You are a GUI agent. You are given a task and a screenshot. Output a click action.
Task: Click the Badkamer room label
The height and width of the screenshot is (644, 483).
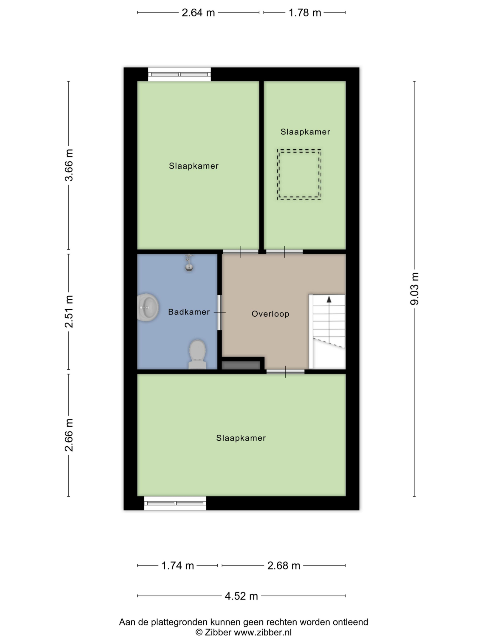point(189,312)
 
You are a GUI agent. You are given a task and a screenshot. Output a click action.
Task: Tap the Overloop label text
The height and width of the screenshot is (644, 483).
point(270,314)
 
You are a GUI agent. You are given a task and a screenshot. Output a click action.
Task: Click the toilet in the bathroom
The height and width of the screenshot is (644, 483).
point(197,354)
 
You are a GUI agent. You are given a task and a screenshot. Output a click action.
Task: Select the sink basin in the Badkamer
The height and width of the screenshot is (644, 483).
point(148,307)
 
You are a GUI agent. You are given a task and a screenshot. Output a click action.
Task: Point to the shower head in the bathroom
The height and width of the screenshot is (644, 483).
point(189,262)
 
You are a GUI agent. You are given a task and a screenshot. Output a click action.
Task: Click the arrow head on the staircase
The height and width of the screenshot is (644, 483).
point(329,299)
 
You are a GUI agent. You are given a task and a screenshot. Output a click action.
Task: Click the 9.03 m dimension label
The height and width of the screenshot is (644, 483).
point(414,289)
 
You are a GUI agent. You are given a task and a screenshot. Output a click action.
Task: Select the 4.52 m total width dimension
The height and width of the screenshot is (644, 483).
point(241,596)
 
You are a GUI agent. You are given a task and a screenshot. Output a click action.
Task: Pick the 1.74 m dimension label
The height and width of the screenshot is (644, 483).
point(178,566)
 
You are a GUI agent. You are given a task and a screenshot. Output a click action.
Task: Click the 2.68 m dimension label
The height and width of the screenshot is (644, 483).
point(284,566)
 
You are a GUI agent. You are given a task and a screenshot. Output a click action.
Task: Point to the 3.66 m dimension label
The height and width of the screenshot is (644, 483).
point(69,165)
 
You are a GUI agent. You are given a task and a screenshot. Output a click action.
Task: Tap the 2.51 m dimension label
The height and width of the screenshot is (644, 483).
point(69,312)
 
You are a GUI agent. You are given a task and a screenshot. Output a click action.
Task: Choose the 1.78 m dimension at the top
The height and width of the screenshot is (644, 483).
point(305,13)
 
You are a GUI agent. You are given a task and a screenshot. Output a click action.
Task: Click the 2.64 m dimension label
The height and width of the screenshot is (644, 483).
point(198,13)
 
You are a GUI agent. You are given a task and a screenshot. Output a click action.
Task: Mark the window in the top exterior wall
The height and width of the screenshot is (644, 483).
point(179,74)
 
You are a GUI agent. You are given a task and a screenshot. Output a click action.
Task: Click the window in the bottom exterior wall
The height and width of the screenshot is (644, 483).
point(175,503)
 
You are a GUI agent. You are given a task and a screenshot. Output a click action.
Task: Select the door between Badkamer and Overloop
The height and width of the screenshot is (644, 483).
point(220,312)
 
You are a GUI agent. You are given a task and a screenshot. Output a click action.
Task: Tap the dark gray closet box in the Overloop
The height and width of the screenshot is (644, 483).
point(241,365)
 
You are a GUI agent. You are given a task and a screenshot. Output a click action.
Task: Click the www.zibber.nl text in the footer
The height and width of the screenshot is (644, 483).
point(263,632)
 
